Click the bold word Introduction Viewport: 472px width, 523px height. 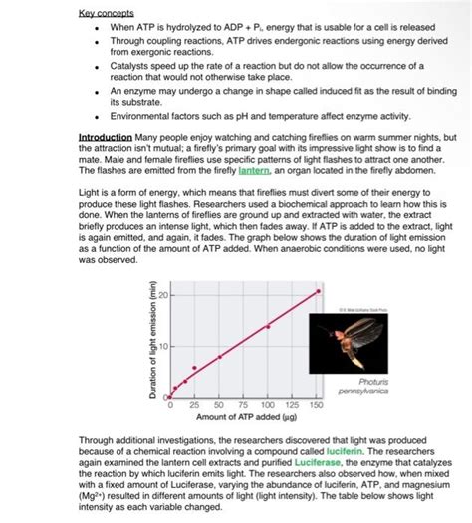(x=105, y=136)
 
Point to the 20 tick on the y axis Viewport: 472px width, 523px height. (x=160, y=296)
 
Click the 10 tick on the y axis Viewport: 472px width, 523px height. (x=160, y=346)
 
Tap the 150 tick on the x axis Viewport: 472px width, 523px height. (x=317, y=406)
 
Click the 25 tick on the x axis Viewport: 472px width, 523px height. (x=195, y=406)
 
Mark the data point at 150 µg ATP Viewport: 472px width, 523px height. (x=318, y=291)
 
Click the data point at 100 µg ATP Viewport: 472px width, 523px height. (x=268, y=326)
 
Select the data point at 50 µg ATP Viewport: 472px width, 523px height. (x=220, y=357)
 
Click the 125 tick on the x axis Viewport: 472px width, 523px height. (x=292, y=406)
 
